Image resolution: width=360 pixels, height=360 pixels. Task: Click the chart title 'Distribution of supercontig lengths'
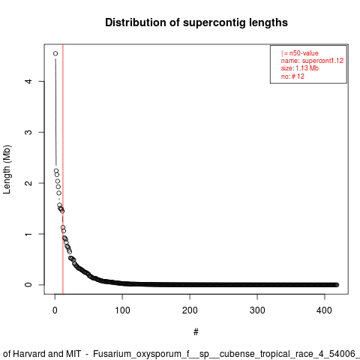196,22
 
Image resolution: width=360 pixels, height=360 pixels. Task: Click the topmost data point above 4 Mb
55,53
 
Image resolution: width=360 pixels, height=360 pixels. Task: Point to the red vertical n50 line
63,169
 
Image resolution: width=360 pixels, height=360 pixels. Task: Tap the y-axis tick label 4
29,81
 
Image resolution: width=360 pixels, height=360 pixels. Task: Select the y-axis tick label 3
29,132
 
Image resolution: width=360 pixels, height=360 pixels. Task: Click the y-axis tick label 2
29,183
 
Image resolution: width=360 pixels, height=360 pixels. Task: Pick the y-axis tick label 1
29,234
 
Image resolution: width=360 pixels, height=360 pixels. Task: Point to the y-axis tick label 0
29,285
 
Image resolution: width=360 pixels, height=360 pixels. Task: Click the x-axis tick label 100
122,310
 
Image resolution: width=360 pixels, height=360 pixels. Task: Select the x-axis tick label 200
190,310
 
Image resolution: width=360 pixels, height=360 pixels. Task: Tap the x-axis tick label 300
257,310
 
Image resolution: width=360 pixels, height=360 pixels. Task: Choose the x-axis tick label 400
324,310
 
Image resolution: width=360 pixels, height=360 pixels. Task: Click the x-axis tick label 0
55,310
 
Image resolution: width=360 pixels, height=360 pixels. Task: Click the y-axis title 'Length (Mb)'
7,169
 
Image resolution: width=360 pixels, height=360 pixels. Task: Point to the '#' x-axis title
196,332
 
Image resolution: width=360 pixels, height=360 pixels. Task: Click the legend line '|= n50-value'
300,53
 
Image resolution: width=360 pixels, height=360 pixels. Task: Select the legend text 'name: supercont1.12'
312,61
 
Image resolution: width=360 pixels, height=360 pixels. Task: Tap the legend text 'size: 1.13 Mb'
300,68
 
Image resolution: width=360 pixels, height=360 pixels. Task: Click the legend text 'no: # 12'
292,76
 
